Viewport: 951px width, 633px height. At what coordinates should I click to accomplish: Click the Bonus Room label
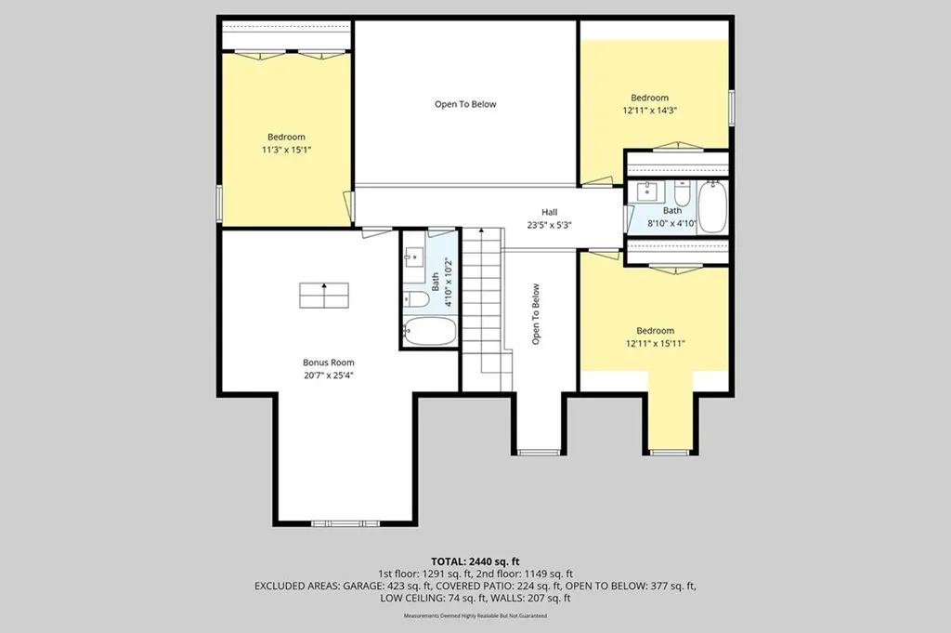[x=329, y=363]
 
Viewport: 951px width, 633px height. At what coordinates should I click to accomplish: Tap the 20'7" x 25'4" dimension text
[x=329, y=376]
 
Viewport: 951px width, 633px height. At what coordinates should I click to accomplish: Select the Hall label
[x=550, y=212]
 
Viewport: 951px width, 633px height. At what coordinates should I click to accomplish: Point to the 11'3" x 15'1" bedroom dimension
[x=286, y=150]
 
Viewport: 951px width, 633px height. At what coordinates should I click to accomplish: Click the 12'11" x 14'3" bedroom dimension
[x=649, y=111]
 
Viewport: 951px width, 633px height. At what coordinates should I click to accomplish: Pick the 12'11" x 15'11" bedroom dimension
[x=655, y=344]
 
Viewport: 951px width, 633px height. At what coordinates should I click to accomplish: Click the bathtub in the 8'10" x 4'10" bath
[x=712, y=207]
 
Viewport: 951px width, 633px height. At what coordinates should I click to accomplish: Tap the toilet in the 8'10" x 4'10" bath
[x=683, y=193]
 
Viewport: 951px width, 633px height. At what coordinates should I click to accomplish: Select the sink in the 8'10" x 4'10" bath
[x=647, y=191]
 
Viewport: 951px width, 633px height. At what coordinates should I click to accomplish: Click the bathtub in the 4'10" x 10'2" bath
[x=429, y=331]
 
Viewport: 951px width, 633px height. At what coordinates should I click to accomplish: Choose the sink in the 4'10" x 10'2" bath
[x=413, y=257]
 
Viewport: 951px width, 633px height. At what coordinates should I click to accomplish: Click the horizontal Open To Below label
[x=465, y=104]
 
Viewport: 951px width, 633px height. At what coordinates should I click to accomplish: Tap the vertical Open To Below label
[x=536, y=314]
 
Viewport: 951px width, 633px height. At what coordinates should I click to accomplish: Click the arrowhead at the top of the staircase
[x=482, y=231]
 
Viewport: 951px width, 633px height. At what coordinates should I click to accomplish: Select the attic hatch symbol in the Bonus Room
[x=324, y=296]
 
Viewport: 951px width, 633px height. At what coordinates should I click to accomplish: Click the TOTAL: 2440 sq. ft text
[x=475, y=561]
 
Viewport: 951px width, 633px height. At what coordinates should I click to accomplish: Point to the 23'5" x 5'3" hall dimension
[x=550, y=225]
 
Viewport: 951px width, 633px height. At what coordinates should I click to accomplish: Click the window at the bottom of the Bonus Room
[x=345, y=523]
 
